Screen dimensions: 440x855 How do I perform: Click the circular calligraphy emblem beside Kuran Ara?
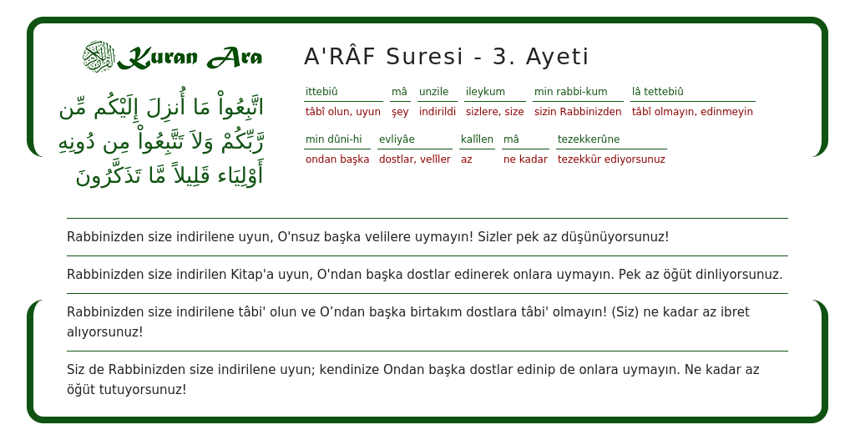click(x=98, y=57)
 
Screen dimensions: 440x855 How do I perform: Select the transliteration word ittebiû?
click(x=321, y=92)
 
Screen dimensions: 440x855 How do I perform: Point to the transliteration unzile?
click(x=433, y=92)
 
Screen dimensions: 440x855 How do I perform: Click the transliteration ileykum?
click(x=485, y=92)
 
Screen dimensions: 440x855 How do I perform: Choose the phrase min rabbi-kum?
click(x=571, y=92)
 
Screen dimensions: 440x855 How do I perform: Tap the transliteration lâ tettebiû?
click(x=658, y=92)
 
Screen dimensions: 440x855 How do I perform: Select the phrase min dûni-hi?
click(x=334, y=139)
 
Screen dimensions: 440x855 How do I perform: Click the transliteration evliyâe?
click(x=397, y=139)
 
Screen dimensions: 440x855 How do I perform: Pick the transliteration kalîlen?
click(x=477, y=139)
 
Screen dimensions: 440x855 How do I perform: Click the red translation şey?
click(x=400, y=112)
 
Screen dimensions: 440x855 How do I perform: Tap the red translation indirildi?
click(x=438, y=112)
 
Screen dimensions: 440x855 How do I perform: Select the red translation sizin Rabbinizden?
click(x=578, y=112)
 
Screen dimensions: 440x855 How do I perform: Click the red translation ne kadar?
click(x=525, y=159)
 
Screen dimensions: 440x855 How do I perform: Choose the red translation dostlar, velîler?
click(x=415, y=159)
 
